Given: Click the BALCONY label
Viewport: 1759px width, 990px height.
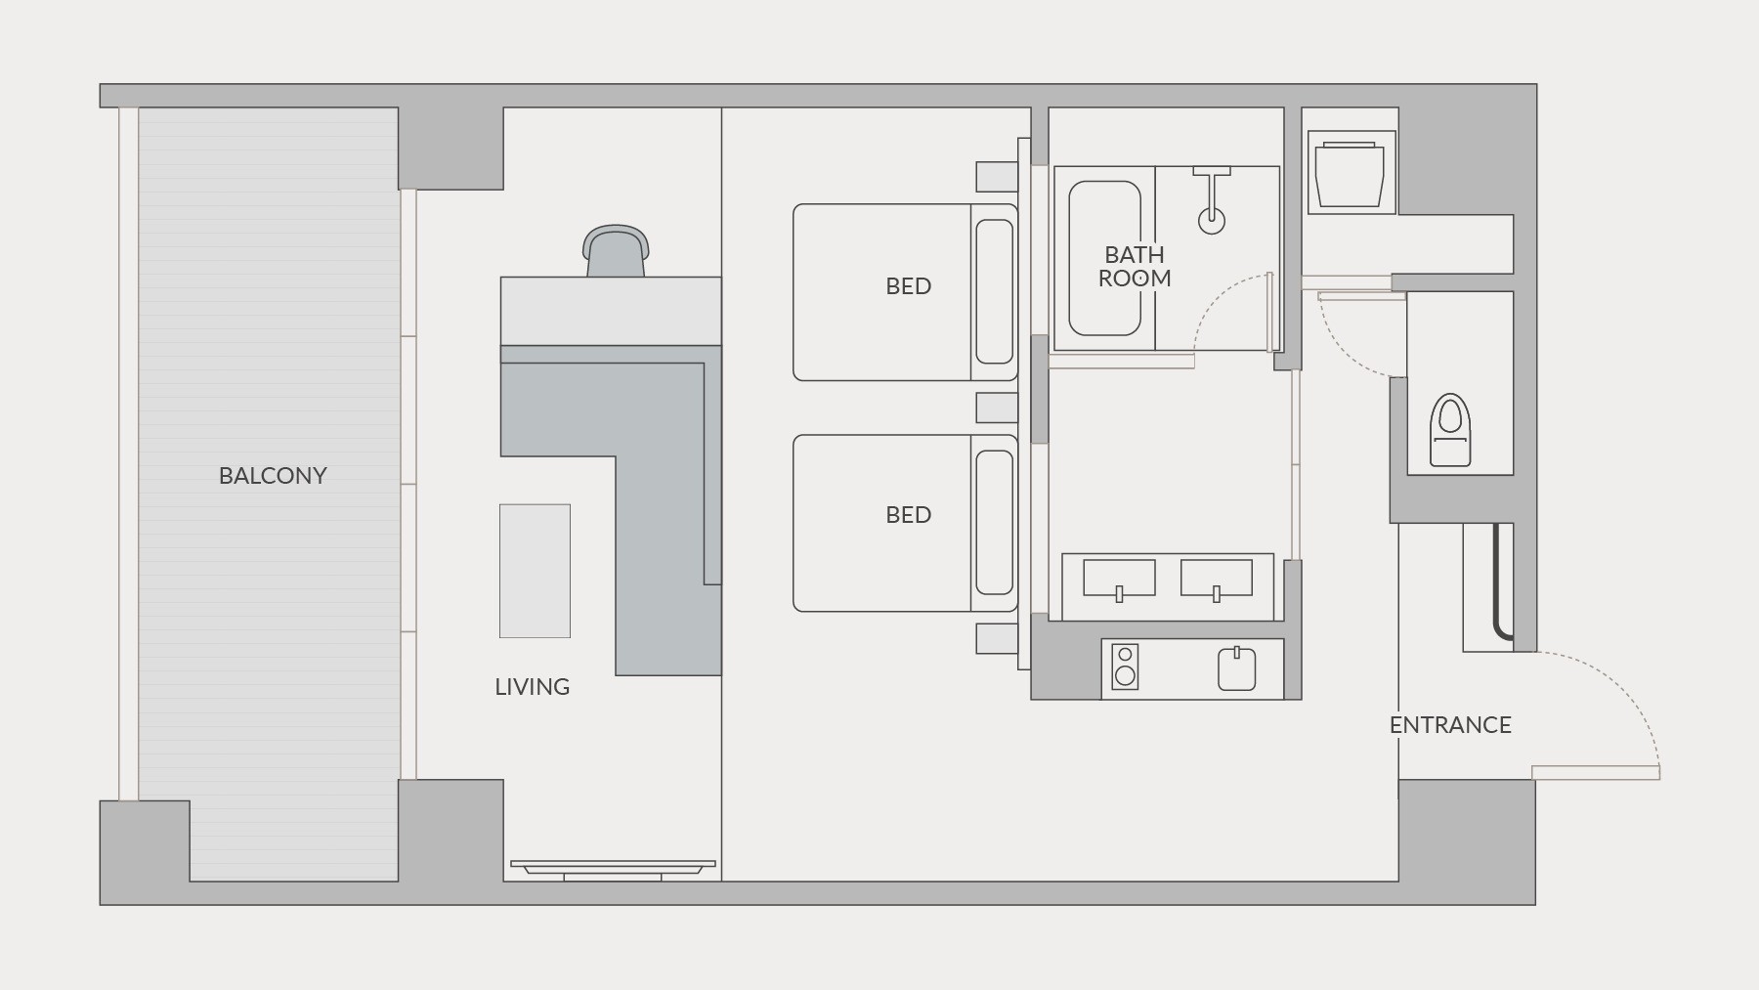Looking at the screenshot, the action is (273, 476).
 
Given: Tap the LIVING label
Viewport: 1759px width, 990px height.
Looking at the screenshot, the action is (533, 687).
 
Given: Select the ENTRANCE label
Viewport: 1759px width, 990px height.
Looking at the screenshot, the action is (1450, 725).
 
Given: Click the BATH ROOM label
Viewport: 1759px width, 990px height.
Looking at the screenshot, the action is (1135, 267).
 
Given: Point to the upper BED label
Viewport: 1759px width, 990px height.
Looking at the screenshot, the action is (909, 286).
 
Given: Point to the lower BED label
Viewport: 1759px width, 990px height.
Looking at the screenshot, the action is (909, 515).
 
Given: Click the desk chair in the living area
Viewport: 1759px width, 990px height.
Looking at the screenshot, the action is (616, 250).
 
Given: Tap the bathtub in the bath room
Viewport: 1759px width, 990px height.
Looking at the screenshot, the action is (1104, 259).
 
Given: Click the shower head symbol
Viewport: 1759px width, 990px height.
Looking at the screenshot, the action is (1212, 200).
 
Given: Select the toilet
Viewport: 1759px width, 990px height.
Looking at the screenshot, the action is (1450, 430).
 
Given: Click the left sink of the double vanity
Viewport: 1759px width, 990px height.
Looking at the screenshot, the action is (1119, 579).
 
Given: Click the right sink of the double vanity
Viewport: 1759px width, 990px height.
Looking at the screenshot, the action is (1217, 579).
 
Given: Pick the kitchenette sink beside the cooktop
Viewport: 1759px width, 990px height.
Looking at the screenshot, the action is (1236, 668).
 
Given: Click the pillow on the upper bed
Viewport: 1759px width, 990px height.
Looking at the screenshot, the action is (995, 291).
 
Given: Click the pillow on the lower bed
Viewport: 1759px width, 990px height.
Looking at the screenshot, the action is (995, 522).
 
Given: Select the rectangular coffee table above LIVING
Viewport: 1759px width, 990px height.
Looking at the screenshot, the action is (535, 571).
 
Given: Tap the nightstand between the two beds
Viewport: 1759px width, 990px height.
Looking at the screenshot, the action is (997, 408).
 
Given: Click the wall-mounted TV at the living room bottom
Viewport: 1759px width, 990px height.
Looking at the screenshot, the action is (613, 869).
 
